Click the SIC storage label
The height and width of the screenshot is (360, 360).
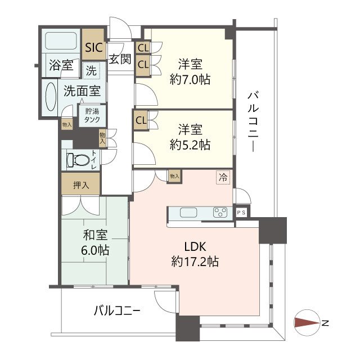94,48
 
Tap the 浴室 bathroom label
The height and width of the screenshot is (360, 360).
60,65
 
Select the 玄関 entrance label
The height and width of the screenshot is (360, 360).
120,59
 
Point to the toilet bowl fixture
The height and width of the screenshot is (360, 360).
78,160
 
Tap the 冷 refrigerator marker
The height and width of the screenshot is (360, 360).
224,178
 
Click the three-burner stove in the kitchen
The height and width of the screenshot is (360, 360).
219,213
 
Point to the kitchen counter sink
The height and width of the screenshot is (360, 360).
187,213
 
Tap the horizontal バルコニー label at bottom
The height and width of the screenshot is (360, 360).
117,310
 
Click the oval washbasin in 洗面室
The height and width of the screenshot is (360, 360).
49,99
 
